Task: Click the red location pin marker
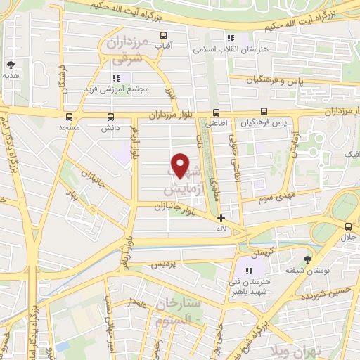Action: (181, 165)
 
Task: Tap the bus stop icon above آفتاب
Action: (164, 35)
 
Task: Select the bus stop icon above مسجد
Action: (69, 117)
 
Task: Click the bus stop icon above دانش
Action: (110, 117)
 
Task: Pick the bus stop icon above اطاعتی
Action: (216, 112)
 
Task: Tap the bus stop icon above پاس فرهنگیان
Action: (264, 111)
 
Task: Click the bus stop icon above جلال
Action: (348, 226)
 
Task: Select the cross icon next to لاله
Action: (221, 218)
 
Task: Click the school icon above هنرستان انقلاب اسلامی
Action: (229, 39)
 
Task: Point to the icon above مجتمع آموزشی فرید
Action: (117, 77)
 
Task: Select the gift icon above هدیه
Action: (10, 63)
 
